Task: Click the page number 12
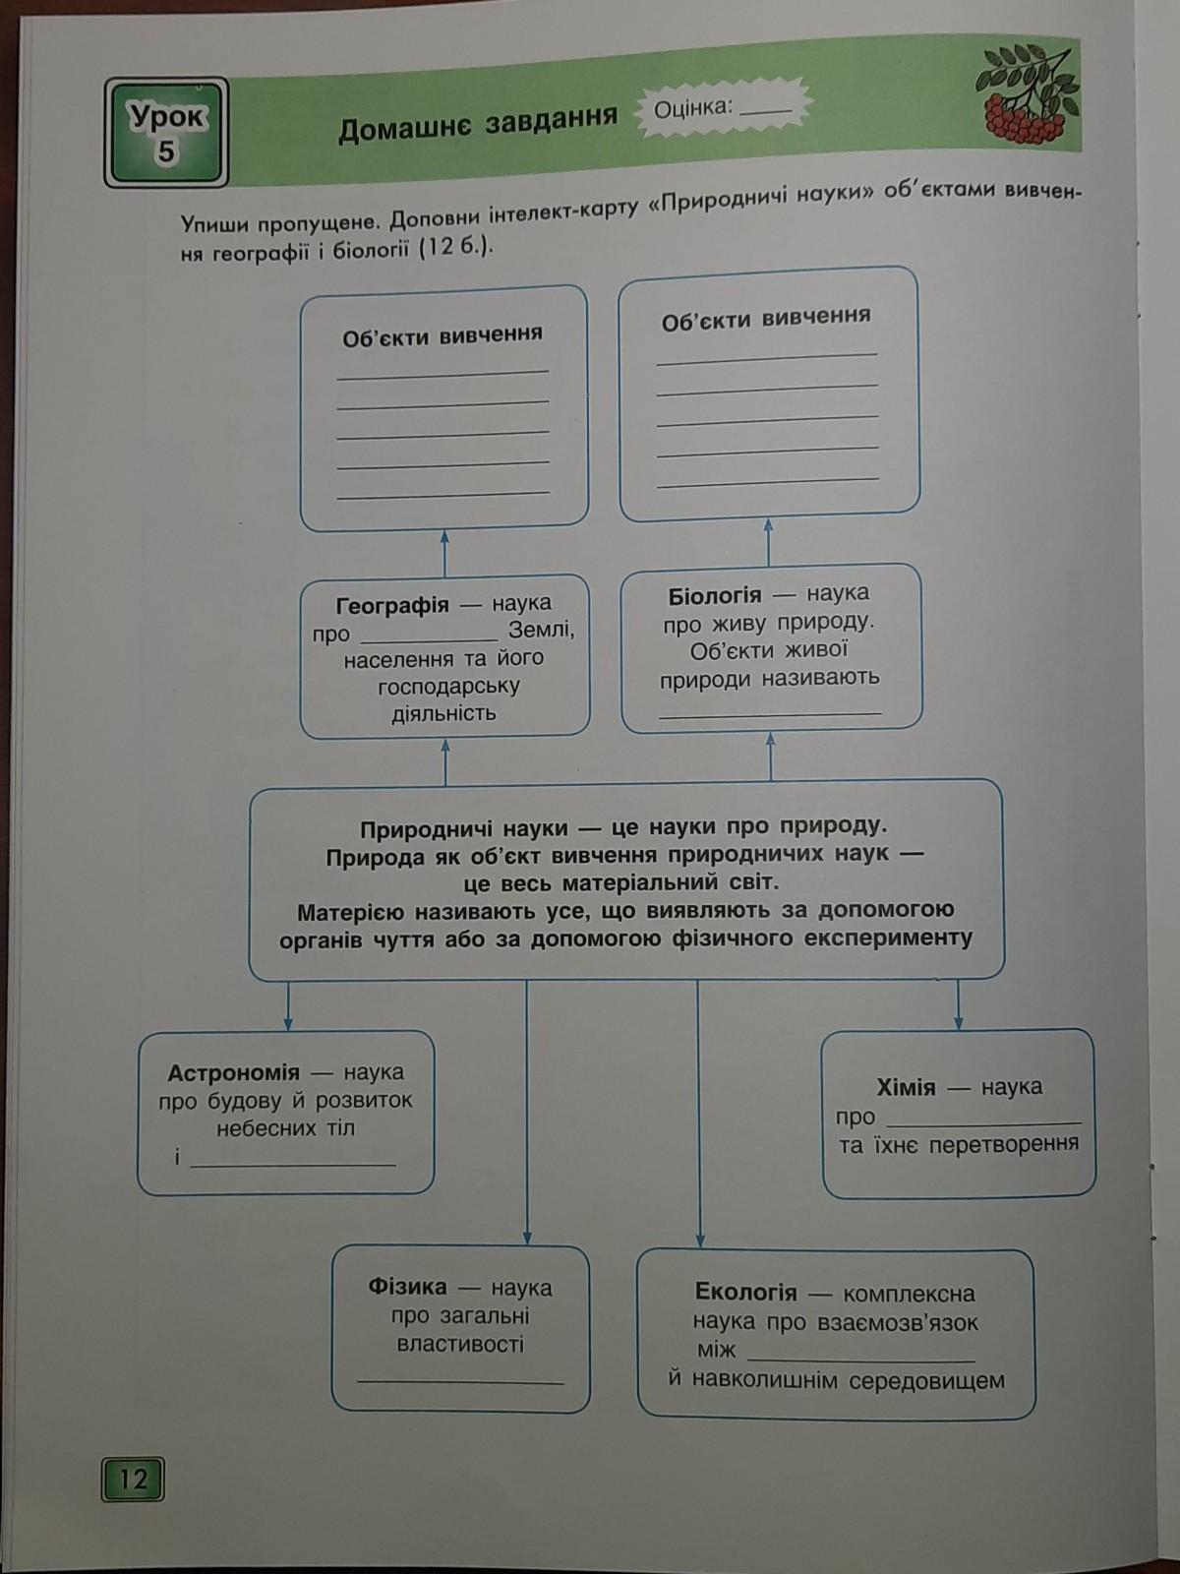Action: click(x=132, y=1479)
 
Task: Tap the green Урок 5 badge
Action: click(x=166, y=133)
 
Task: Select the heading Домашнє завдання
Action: click(x=478, y=123)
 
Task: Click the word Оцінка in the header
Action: click(x=694, y=107)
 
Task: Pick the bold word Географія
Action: click(x=392, y=606)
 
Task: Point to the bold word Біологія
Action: click(x=714, y=596)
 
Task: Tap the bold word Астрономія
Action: click(x=233, y=1073)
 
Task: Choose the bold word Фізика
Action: click(x=407, y=1287)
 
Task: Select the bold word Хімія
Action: click(x=906, y=1088)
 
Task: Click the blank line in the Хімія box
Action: click(x=983, y=1121)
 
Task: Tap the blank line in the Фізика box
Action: click(x=460, y=1381)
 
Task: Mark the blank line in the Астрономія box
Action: click(x=293, y=1163)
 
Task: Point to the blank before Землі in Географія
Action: click(x=429, y=638)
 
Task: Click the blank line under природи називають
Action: click(x=770, y=713)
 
